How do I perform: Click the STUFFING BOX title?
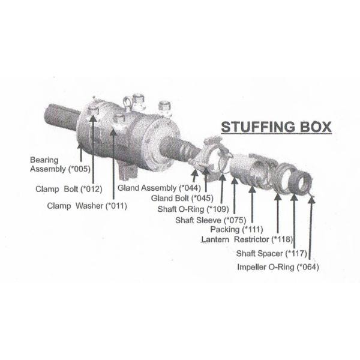(x=276, y=128)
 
